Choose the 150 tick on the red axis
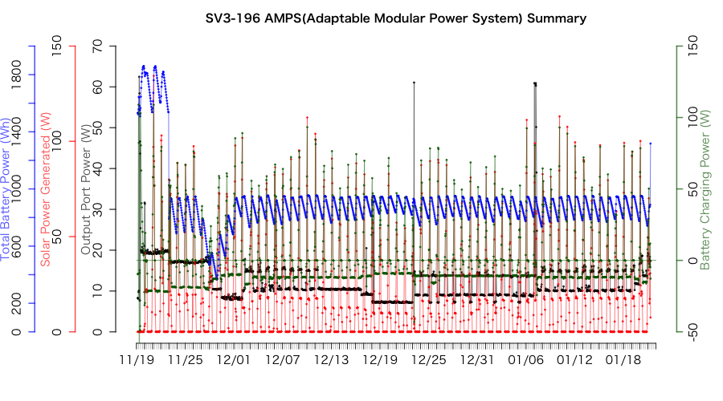pos(57,47)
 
